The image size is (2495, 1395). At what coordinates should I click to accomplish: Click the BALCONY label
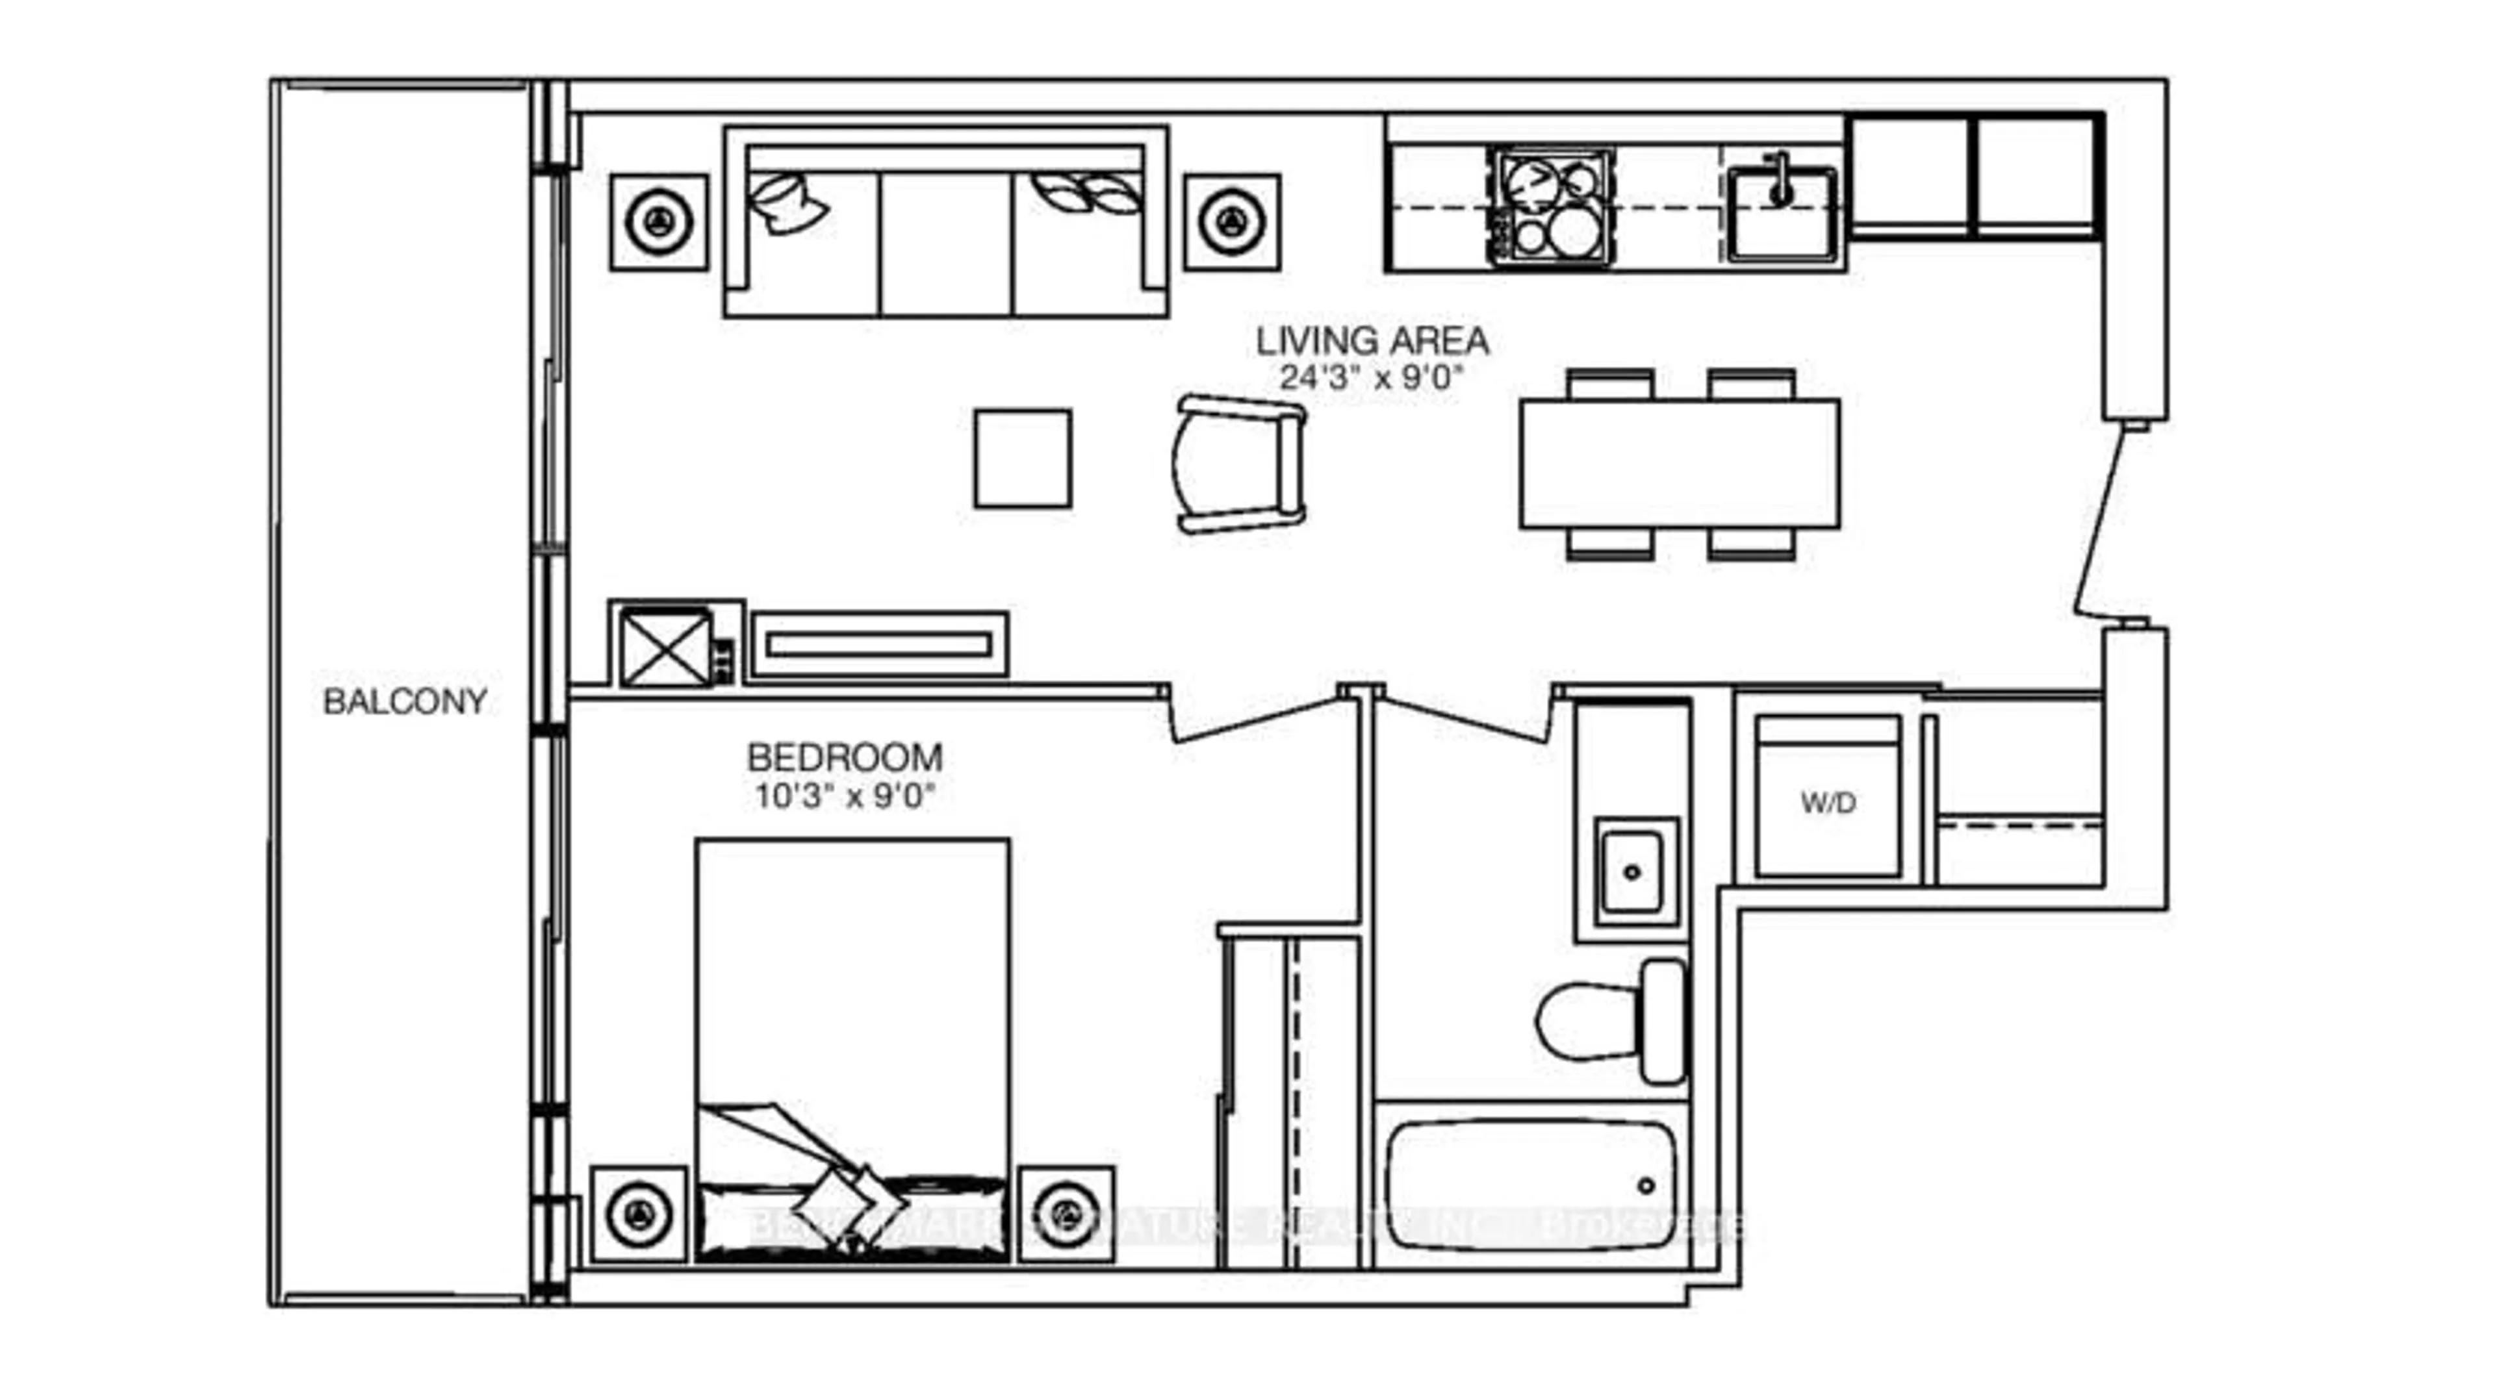click(x=404, y=701)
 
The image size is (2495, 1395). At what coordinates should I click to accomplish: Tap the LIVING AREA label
click(x=1372, y=341)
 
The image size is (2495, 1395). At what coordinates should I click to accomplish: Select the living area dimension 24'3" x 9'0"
click(x=1370, y=377)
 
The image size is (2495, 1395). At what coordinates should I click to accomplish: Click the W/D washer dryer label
click(x=1828, y=803)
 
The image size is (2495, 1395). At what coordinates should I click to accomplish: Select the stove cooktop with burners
click(x=1552, y=208)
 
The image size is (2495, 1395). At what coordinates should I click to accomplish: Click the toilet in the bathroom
click(x=1613, y=1022)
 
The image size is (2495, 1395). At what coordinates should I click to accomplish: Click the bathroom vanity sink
click(x=1632, y=872)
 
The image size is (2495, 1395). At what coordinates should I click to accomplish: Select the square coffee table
click(x=1022, y=458)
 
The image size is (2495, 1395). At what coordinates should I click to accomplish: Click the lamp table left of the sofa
click(x=659, y=223)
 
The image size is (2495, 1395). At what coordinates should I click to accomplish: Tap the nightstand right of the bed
click(x=1066, y=1214)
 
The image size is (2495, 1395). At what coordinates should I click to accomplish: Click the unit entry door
click(x=2102, y=523)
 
